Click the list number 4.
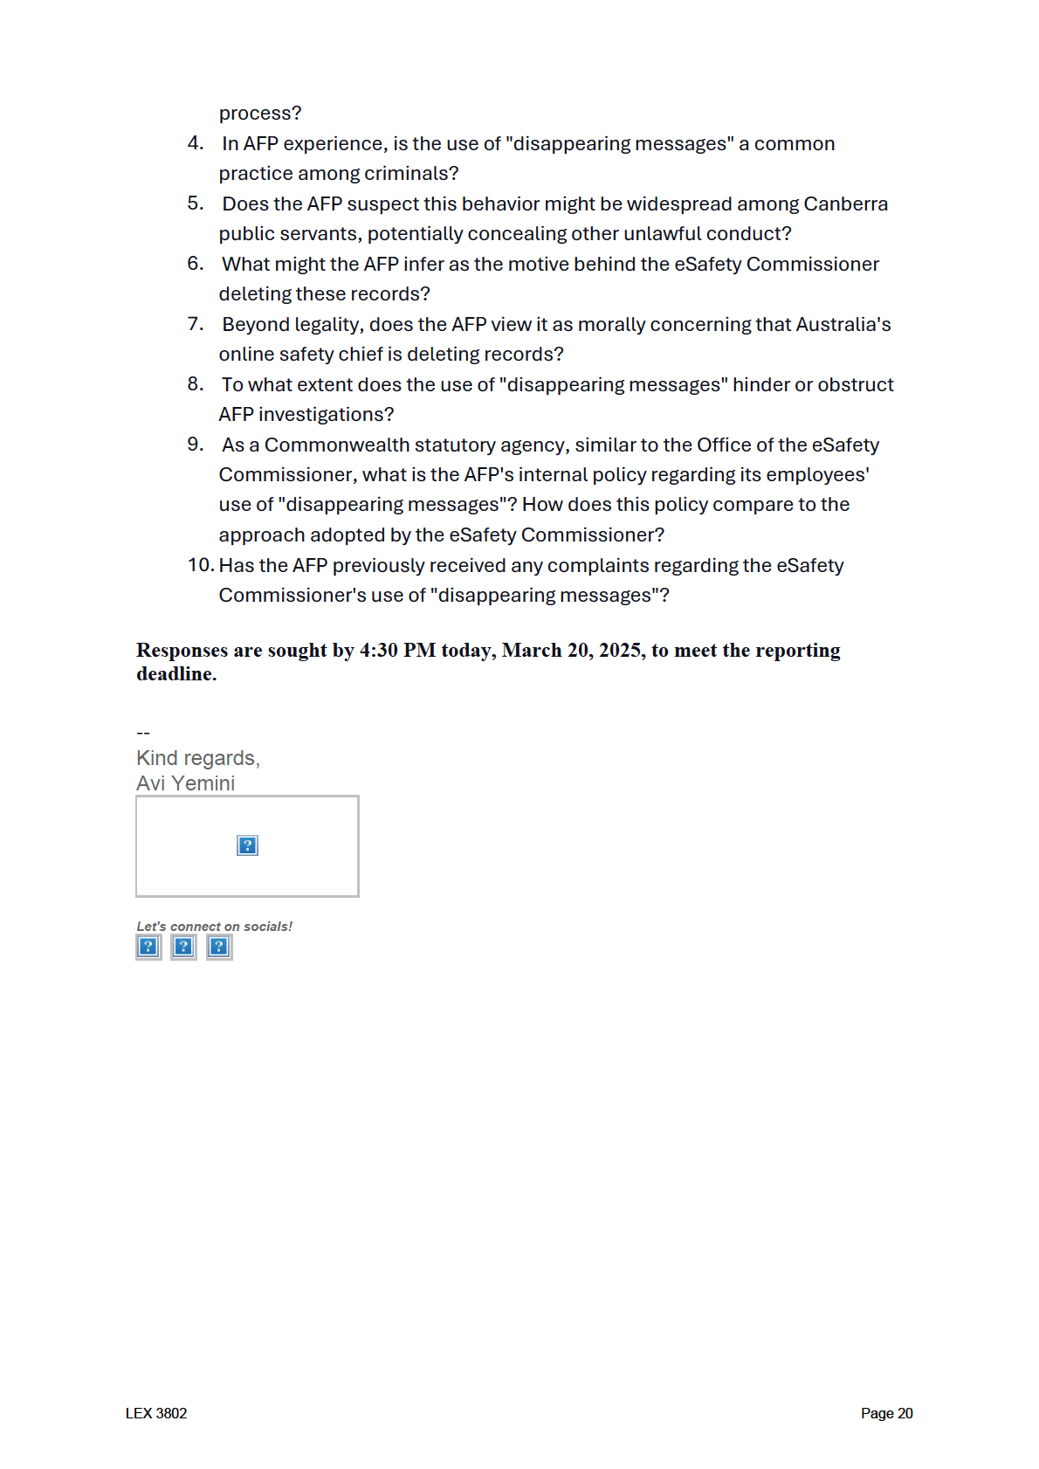[195, 143]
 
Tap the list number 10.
[200, 565]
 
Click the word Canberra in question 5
[845, 203]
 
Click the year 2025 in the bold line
[622, 651]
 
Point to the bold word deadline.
[175, 674]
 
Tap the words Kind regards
[198, 758]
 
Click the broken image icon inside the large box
[247, 845]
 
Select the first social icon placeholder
[148, 947]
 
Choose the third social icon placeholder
[219, 947]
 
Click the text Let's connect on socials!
[214, 927]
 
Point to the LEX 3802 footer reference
[156, 1413]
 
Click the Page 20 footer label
[886, 1413]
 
